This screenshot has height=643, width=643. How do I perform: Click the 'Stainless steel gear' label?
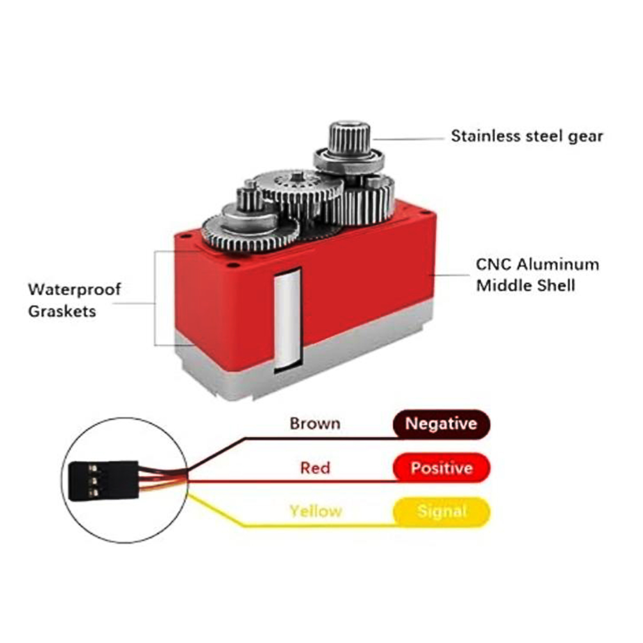(527, 136)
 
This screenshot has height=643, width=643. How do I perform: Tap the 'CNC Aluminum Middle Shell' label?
(537, 275)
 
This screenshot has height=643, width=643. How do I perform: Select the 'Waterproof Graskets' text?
(74, 300)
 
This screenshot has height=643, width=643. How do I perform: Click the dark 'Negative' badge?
(441, 424)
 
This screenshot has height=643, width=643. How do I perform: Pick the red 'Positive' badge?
(441, 468)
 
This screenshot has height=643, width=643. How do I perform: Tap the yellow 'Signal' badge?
(441, 512)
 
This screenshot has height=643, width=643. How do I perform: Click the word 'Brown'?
(315, 423)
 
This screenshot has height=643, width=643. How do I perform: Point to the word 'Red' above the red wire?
(315, 468)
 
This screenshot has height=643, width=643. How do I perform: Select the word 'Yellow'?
(316, 511)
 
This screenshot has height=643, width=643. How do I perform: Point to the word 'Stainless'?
(486, 136)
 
